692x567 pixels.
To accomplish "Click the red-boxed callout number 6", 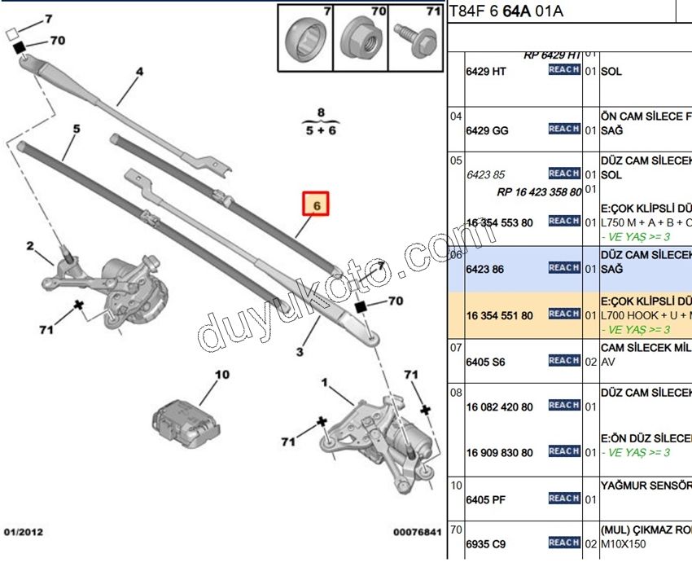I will [316, 205].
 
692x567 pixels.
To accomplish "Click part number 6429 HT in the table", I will [486, 71].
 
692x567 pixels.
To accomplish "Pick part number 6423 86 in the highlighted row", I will [486, 268].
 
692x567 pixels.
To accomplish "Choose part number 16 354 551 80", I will [499, 315].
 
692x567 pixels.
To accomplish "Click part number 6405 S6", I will [487, 361].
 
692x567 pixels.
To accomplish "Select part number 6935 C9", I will [487, 543].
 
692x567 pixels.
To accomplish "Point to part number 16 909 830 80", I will [499, 453].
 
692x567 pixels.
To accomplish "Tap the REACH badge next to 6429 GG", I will [563, 129].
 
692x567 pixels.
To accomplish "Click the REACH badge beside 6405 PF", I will [563, 498].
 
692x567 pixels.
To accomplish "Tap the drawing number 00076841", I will [417, 532].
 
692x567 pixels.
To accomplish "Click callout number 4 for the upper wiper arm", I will [138, 72].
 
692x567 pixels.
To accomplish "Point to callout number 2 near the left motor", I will [29, 245].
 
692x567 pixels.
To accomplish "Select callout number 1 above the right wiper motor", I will [324, 381].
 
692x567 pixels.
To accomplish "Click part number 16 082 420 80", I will [499, 407].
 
